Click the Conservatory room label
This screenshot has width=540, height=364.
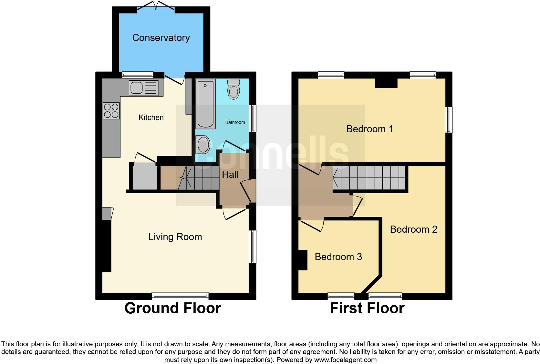coord(161,38)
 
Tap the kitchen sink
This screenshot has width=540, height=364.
coord(144,88)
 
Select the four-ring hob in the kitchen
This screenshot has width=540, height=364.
coord(111,111)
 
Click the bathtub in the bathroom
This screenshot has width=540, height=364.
coord(205,104)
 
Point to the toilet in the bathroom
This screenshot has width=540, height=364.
coord(234,89)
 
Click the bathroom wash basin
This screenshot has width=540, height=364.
coord(203,145)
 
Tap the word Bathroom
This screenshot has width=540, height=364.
coord(235,122)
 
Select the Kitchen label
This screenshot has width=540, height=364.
coord(151,117)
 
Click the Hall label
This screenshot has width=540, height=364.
coord(230,174)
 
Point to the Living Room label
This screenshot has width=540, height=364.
coord(175,237)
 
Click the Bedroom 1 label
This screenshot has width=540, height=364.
coord(370,129)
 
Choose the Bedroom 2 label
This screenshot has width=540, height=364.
coord(414,229)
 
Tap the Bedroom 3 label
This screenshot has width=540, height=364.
coord(338,257)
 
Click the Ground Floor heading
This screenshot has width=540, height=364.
coord(172,308)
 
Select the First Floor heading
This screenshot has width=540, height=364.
coord(367,308)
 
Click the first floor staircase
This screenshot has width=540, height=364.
coord(369,178)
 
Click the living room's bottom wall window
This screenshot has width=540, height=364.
coord(180,296)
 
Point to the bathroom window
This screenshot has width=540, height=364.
coord(253,118)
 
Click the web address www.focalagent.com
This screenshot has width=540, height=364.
coord(345,360)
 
